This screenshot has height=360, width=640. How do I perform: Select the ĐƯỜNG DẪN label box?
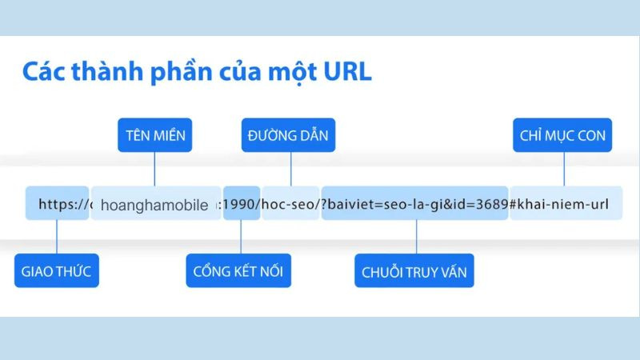290,135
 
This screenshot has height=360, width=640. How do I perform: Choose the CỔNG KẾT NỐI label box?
238,271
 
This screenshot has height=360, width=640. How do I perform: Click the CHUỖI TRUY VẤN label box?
415,271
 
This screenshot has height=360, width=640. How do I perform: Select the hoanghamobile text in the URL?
155,206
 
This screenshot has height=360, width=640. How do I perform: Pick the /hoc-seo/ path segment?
290,205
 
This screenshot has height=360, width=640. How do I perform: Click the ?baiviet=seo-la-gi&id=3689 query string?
414,205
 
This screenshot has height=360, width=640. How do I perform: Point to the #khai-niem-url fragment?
559,205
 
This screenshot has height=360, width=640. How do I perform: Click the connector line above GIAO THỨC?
56,238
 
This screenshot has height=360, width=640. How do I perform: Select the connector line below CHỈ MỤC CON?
564,170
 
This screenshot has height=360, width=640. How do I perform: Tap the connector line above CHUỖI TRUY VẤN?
415,238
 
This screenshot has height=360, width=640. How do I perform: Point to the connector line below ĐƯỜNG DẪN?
290,170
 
